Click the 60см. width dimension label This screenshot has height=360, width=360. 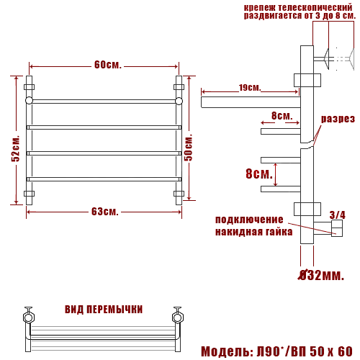108,65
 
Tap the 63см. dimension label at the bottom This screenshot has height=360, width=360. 105,212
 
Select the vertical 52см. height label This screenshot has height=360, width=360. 16,149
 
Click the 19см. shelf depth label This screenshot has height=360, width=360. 250,88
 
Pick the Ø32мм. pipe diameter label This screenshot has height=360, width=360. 321,275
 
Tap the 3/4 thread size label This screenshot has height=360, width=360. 338,215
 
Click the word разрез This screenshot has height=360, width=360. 338,119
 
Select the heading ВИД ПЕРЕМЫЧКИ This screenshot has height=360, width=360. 104,310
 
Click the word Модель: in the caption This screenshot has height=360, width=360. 227,351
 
